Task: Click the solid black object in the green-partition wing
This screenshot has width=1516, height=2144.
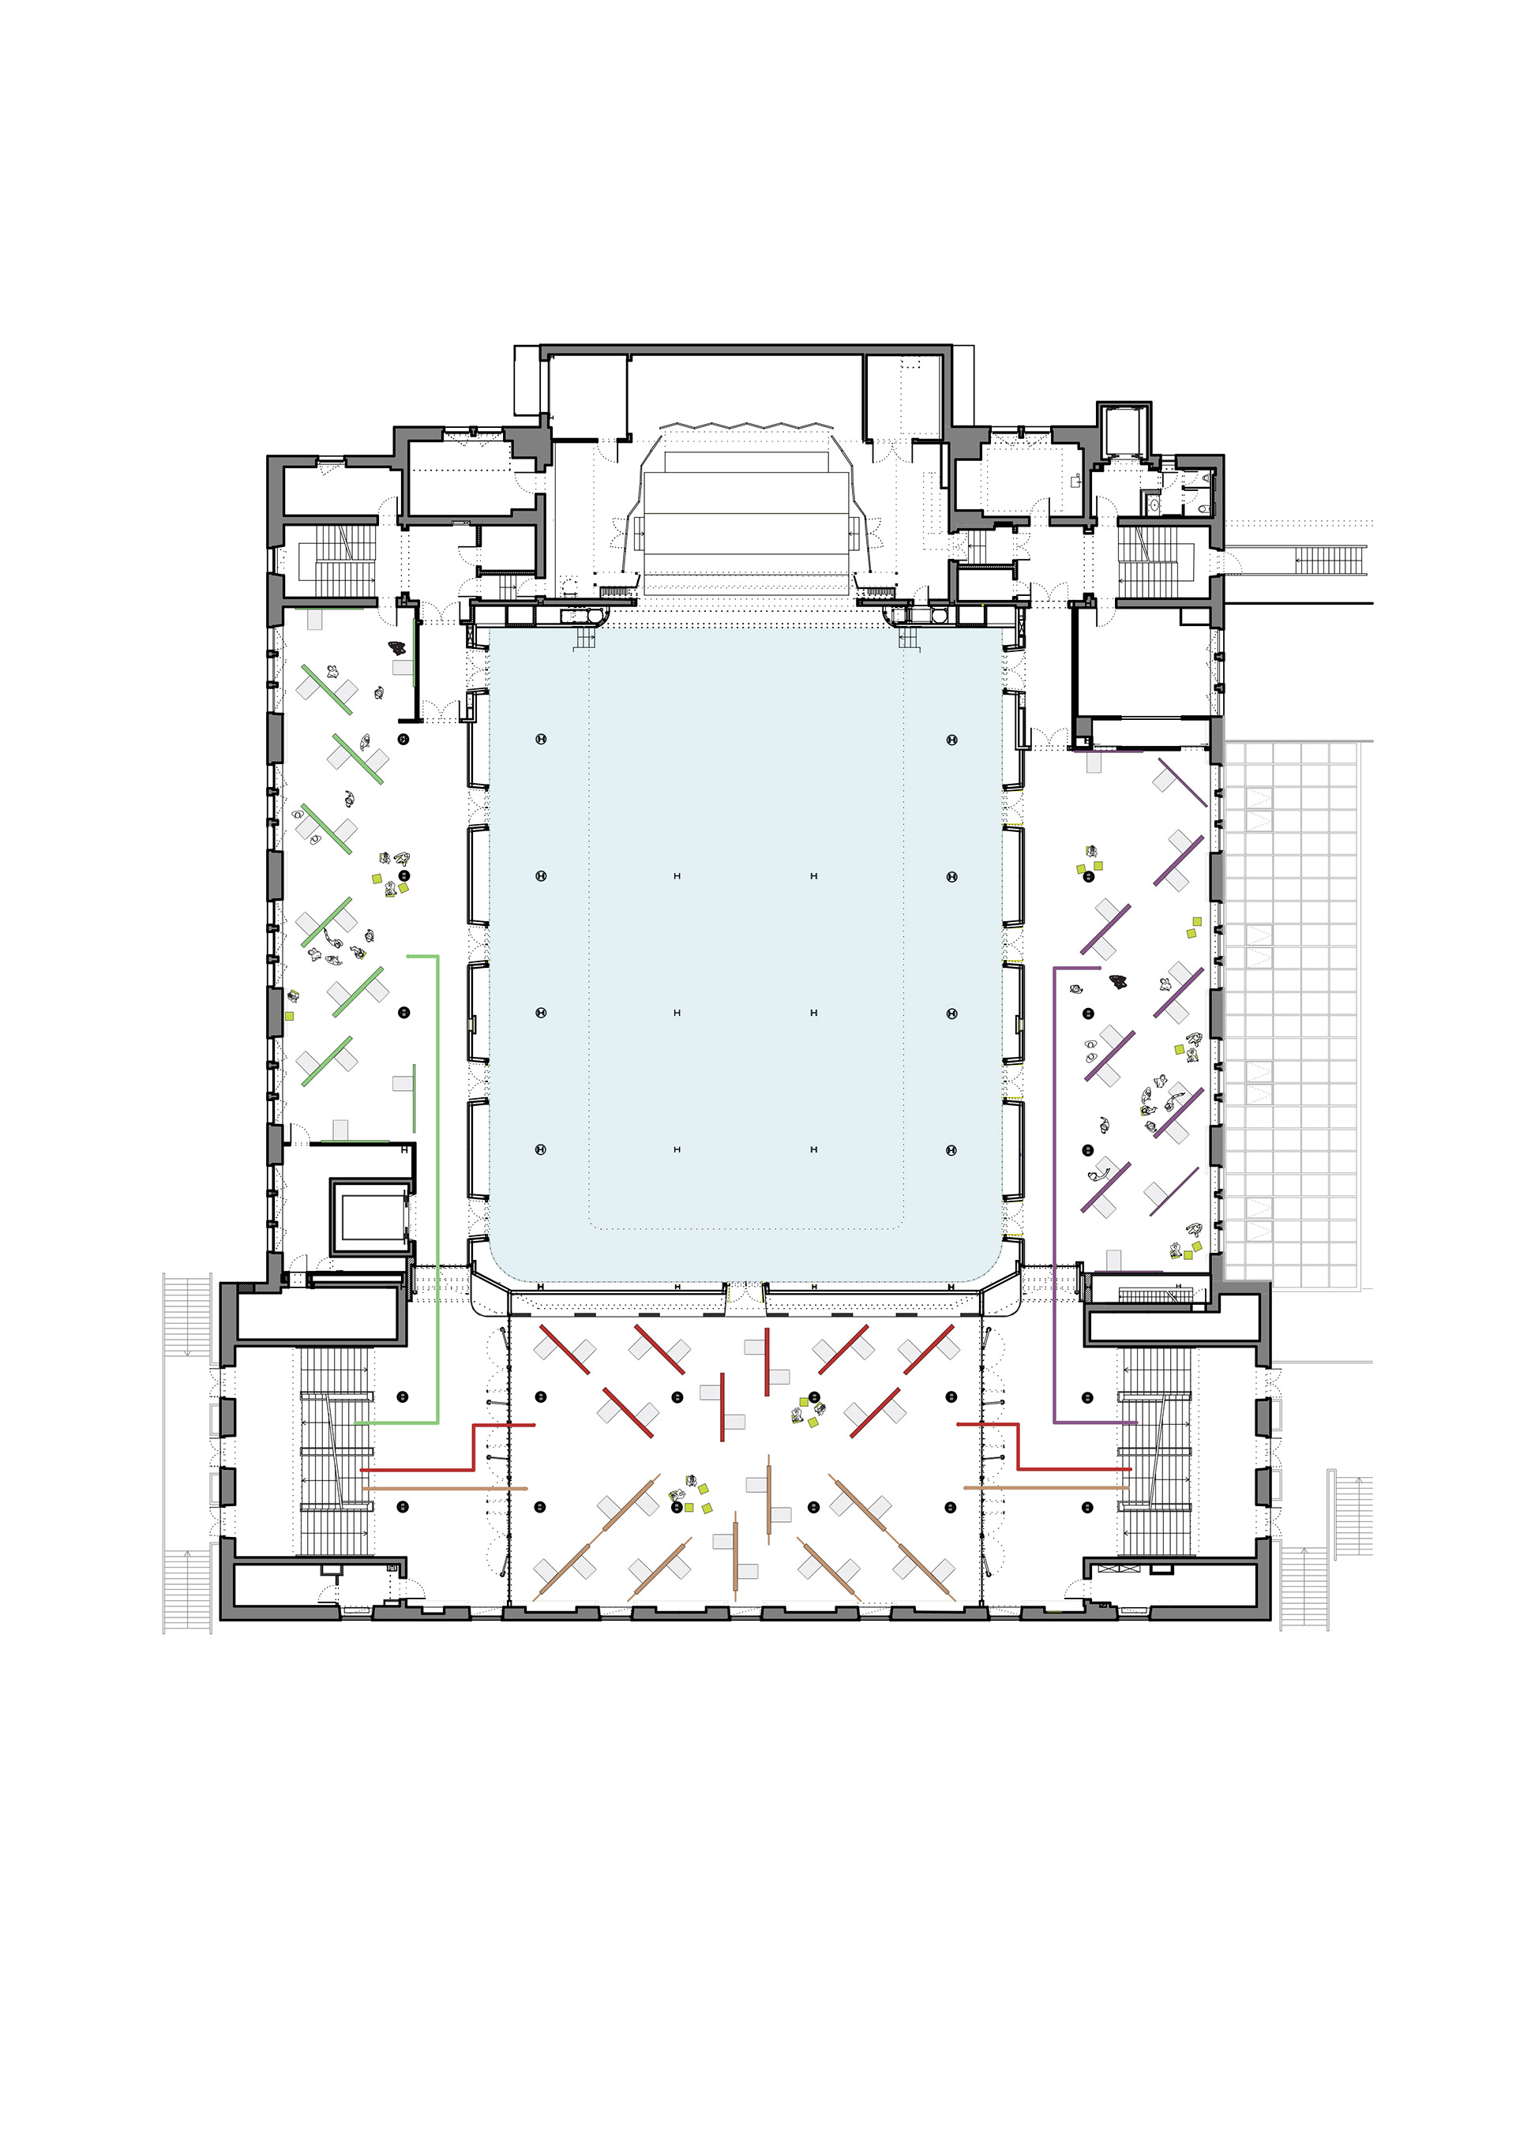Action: click(x=398, y=647)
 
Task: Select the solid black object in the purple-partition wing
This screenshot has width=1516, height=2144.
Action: click(x=1118, y=980)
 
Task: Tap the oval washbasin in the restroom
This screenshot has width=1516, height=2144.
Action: click(x=1154, y=504)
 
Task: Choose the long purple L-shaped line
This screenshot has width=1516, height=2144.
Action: click(x=1056, y=1214)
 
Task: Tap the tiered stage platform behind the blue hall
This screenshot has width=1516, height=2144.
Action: click(x=747, y=523)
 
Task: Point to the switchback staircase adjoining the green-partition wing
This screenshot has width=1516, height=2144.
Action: click(x=336, y=560)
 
